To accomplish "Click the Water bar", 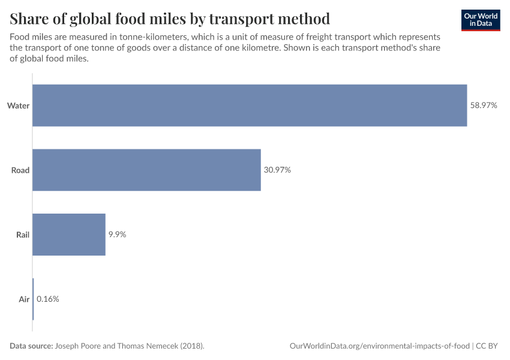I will tap(249, 105).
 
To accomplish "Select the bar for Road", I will tap(146, 170).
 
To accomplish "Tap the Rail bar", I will tap(69, 235).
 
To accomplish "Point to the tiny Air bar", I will tap(33, 299).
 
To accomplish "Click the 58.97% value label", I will tap(484, 105).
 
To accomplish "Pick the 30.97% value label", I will tap(277, 170).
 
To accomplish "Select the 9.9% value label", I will tap(117, 235).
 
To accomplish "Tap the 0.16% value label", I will tap(48, 299).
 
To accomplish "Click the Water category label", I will tap(19, 106).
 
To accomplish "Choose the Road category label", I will tap(20, 170).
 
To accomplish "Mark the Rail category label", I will tap(22, 235).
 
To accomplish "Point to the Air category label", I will tap(24, 299).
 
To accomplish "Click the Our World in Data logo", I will tap(481, 20).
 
